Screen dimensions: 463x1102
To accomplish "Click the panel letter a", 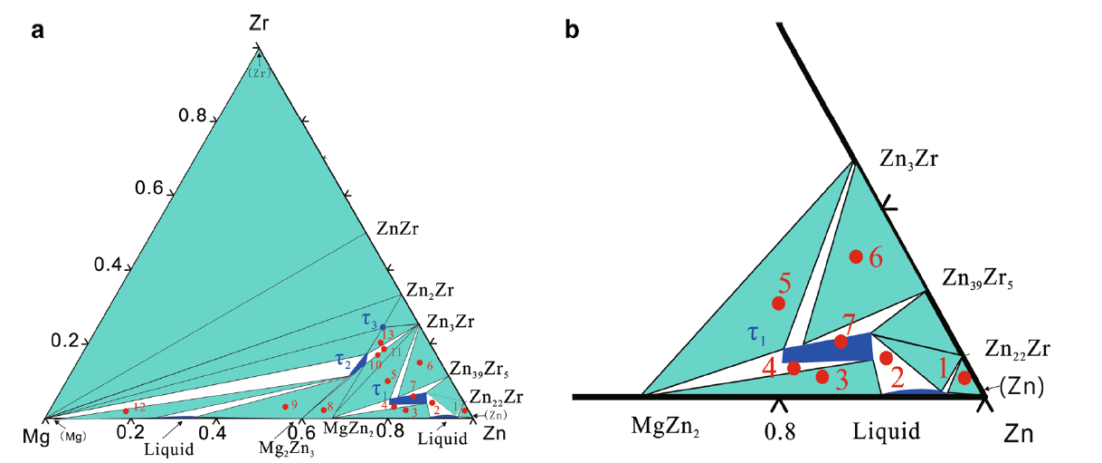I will [37, 31].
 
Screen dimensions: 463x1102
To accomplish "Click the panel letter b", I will [572, 31].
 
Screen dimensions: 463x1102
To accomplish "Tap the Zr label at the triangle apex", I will [259, 24].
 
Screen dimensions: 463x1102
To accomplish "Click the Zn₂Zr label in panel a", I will [431, 292].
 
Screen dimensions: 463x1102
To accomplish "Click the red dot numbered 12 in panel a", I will [125, 411].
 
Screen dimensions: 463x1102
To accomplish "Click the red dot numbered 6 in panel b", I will [855, 256].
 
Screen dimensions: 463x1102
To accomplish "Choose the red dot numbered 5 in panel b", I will [778, 303].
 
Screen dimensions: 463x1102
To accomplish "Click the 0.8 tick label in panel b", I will [780, 432].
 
